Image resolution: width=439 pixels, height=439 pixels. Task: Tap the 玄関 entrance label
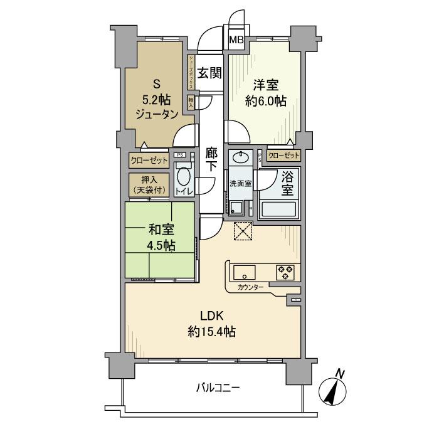click(209, 73)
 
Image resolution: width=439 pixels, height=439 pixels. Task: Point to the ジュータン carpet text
click(156, 113)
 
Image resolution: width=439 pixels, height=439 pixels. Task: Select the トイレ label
click(184, 192)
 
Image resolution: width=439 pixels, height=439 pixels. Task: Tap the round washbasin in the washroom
click(239, 158)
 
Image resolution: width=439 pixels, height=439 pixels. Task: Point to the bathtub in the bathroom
click(278, 209)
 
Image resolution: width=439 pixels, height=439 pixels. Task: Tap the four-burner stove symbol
click(285, 272)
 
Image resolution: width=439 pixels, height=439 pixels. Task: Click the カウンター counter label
click(251, 288)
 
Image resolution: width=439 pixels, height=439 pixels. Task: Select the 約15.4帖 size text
click(211, 332)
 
